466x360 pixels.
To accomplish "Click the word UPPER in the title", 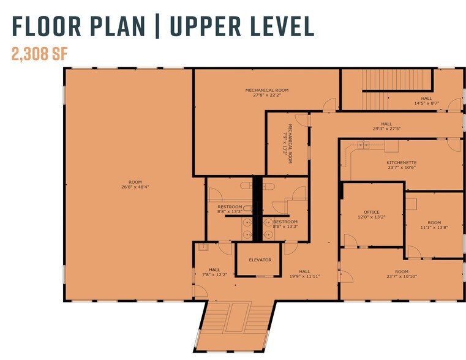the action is point(206,26).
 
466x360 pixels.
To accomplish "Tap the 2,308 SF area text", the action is point(40,54).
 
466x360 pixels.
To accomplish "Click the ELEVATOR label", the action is point(260,260).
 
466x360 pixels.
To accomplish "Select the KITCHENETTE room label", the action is point(402,163).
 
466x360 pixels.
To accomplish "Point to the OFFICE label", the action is point(372,212).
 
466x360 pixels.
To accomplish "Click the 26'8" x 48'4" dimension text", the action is point(135,187).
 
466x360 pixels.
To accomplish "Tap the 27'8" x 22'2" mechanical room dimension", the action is point(266,95).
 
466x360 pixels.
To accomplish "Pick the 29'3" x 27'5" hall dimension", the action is point(386,129).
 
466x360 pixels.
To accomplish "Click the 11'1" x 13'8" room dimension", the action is point(434,228).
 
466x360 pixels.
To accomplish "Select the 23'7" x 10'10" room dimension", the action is point(402,277).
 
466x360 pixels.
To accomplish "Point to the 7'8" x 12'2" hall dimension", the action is point(214,275).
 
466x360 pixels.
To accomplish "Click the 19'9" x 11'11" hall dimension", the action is point(304,276).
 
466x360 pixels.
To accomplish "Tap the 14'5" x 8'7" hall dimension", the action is point(426,103).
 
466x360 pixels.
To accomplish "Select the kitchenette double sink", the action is point(363,145).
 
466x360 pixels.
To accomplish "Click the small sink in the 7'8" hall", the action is point(203,247).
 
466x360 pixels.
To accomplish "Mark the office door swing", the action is point(351,240).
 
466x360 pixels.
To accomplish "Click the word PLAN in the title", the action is point(118,26).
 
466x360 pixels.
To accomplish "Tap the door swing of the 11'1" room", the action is point(415,252).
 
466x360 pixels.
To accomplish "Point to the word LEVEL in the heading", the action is point(282,26).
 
